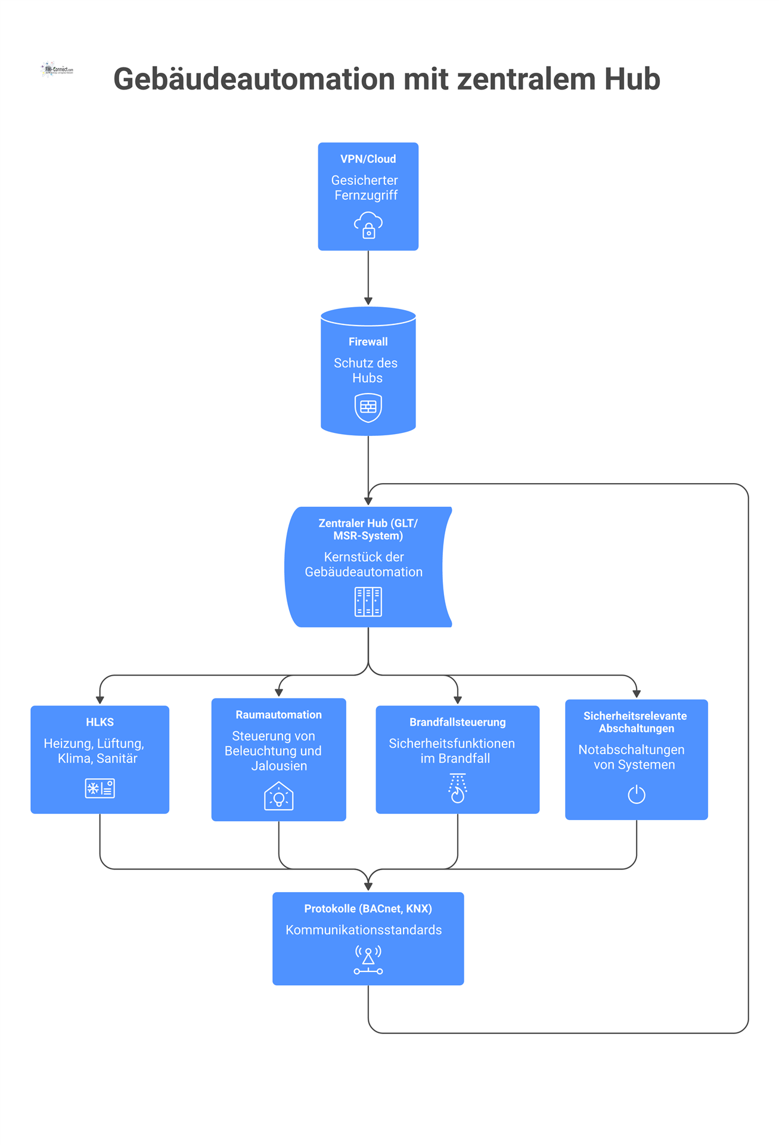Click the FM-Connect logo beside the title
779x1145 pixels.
point(57,70)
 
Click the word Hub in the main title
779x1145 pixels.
point(632,79)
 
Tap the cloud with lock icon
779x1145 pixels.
point(368,225)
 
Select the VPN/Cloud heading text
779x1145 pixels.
point(368,159)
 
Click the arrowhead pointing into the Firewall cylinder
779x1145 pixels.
point(368,301)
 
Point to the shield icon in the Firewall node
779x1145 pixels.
point(368,408)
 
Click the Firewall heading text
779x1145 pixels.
point(368,342)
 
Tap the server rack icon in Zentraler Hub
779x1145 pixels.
point(368,602)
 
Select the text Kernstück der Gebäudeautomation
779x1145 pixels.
point(364,564)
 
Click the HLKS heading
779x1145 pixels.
point(100,722)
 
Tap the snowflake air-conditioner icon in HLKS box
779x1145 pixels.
point(100,788)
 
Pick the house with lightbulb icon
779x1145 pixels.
point(278,796)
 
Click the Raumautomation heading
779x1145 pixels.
point(278,715)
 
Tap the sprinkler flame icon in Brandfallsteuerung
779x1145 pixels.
point(457,788)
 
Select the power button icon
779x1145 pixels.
point(637,794)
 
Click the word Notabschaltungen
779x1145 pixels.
point(631,750)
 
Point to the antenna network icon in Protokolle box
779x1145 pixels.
point(368,960)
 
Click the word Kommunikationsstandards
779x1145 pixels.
point(364,930)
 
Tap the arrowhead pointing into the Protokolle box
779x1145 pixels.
point(368,887)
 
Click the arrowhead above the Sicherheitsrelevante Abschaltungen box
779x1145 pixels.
point(637,694)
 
